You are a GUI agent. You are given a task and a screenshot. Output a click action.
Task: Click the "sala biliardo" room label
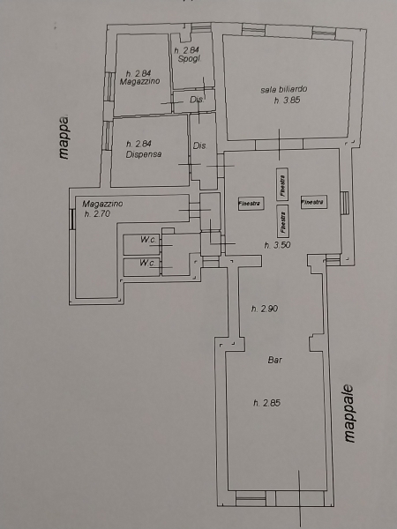283,89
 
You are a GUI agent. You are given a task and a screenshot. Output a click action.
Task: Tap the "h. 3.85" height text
287,101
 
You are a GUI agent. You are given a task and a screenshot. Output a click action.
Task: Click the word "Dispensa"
144,154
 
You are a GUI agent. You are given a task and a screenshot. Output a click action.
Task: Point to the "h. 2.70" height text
97,213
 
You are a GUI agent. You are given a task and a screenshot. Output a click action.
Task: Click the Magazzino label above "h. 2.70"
102,204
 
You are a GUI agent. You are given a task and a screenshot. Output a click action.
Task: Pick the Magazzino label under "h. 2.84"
139,81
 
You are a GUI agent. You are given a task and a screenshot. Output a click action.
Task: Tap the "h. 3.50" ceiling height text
277,245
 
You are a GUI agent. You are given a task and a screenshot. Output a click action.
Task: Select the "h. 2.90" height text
265,309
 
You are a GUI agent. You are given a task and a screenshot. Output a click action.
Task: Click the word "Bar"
274,360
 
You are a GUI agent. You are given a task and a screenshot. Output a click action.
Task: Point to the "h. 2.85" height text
266,403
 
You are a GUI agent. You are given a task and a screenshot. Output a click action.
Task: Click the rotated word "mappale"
349,414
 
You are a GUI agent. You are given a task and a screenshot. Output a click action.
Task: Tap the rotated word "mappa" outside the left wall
64,138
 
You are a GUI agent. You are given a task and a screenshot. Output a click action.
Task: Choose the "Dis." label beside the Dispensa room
200,145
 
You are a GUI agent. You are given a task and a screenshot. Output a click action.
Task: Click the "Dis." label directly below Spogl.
197,100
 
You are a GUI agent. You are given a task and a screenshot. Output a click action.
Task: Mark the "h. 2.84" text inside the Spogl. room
187,50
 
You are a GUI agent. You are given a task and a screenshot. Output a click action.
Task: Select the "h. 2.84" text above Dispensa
139,144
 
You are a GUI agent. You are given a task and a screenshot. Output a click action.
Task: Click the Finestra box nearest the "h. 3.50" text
282,221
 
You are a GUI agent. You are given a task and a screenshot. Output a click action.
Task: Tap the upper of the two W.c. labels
148,240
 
